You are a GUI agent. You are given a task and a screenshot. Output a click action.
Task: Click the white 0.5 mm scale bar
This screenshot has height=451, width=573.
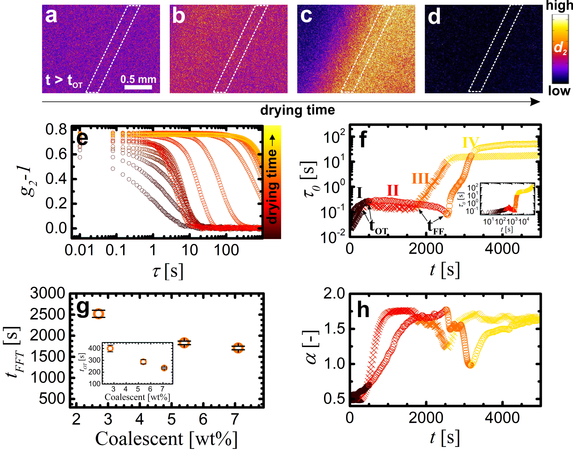138,87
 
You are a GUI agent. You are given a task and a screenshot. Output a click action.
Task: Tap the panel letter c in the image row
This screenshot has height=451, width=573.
306,15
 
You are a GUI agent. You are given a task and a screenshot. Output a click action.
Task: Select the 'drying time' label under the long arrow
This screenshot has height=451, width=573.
298,110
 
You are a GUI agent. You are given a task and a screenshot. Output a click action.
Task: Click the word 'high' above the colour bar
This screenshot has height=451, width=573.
559,6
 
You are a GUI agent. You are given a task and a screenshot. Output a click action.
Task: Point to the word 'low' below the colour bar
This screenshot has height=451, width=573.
559,91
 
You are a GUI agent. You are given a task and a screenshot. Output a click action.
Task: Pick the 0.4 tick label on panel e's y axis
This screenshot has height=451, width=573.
56,179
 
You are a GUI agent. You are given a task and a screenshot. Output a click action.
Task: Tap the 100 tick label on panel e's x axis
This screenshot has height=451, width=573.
226,250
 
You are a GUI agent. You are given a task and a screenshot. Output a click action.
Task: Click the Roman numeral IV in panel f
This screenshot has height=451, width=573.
470,142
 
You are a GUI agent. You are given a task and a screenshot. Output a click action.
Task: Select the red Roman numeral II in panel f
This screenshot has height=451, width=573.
393,191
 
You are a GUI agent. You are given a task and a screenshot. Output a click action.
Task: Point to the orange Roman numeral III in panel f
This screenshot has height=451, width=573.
421,179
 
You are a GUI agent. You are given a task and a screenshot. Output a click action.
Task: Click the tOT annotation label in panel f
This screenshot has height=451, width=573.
378,227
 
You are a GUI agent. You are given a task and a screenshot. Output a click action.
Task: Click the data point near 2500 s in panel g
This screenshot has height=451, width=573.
99,314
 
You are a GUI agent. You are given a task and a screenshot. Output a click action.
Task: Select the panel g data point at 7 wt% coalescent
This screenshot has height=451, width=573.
238,348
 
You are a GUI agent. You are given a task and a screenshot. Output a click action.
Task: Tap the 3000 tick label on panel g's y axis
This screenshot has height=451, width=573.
48,293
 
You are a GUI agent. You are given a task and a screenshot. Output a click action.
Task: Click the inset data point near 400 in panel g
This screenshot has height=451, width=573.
110,348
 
